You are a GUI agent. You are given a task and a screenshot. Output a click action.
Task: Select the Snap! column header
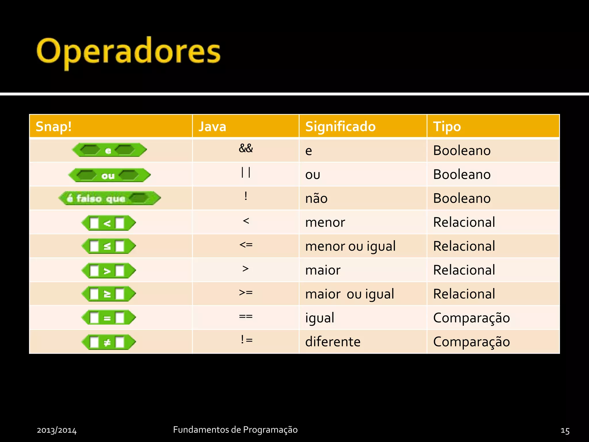coord(53,127)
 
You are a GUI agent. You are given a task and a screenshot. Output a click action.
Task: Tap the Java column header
coord(213,127)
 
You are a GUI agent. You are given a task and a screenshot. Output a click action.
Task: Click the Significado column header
coord(340,127)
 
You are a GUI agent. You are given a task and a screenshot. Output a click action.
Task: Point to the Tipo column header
coord(447,127)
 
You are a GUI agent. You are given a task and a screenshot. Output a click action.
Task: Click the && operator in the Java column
coord(246,148)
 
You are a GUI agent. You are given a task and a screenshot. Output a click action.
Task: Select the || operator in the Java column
coord(246,173)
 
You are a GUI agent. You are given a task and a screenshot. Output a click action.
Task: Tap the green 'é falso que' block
coord(109,198)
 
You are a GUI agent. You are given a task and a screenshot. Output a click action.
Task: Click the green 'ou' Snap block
coord(109,175)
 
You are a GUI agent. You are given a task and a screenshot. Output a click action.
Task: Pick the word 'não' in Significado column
coord(316,199)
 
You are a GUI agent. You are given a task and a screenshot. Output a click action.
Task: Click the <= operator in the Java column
coord(246,245)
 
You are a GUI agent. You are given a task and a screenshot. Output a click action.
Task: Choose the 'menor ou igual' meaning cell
coord(350,246)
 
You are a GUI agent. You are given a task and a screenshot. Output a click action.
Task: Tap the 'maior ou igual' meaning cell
coord(349,294)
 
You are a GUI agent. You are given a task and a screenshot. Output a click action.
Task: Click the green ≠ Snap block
coord(108,342)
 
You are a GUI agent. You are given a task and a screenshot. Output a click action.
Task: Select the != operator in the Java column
coord(246,340)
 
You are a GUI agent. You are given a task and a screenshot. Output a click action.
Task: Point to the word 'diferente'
coord(333,342)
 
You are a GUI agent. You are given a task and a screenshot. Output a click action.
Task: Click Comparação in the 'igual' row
coord(471,318)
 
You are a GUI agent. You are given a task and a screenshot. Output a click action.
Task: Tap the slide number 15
coord(565,430)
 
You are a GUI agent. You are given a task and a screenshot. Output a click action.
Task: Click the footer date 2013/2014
coord(57,430)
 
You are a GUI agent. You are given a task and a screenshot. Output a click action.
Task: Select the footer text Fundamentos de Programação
coord(235,430)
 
